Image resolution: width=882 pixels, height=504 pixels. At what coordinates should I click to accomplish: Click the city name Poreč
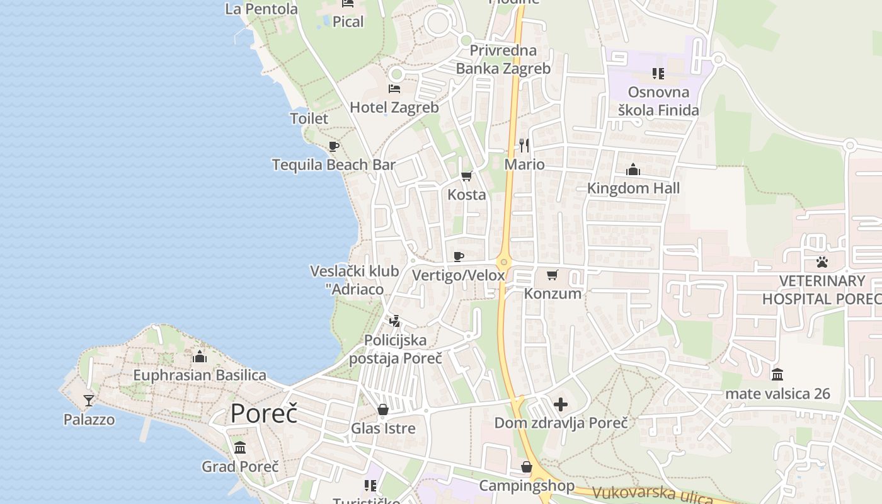(263, 413)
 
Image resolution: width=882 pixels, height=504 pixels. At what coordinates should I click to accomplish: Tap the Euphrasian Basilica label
(200, 375)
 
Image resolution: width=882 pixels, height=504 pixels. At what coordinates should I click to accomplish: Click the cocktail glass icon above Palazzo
(89, 401)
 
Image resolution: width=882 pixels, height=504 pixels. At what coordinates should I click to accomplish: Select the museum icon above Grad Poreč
(240, 448)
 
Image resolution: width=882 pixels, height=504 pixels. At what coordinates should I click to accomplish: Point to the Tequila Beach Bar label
(334, 165)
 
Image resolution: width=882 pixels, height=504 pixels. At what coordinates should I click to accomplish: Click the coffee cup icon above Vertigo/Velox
(459, 256)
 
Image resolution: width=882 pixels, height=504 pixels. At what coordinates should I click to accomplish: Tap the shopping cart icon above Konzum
(553, 275)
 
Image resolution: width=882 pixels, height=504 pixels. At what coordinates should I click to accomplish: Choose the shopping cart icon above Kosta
(467, 176)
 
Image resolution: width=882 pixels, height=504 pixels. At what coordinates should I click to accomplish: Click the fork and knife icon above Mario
(524, 146)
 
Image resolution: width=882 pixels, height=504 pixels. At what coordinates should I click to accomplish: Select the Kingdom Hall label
(633, 188)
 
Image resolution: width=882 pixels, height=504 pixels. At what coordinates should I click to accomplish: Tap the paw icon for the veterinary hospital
(822, 262)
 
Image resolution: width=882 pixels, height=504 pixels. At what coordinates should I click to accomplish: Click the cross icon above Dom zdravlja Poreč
(561, 404)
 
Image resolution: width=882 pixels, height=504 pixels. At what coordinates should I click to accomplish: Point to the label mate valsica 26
(777, 394)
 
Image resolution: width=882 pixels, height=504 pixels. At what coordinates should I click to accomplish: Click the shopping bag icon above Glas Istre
(383, 410)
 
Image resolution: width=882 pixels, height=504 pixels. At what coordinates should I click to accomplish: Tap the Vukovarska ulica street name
(652, 496)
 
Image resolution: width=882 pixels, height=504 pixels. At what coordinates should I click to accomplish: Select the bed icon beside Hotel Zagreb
(394, 89)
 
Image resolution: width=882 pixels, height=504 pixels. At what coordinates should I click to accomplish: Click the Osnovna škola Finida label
(658, 101)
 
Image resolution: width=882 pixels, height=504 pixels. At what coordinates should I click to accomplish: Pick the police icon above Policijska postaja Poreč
(395, 321)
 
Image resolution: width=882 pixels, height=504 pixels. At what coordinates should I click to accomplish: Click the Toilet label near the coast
(309, 118)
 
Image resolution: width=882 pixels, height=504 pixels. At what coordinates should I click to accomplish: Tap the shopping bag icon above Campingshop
(527, 467)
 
